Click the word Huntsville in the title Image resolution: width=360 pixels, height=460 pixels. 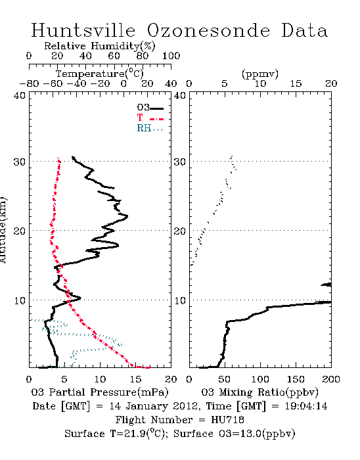pos(83,30)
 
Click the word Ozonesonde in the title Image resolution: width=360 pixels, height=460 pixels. pos(208,30)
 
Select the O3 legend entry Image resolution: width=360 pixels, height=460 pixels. pos(150,107)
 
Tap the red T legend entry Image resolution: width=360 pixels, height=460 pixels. pos(150,118)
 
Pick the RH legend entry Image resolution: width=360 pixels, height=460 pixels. pos(150,128)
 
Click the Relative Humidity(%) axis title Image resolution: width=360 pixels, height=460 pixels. pos(100,46)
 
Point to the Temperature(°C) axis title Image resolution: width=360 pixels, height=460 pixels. pos(100,74)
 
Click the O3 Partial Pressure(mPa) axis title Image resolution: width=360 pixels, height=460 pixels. pos(100,392)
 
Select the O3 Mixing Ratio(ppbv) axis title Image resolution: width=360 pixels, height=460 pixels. pos(259,392)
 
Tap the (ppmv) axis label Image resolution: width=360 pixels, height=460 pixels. pos(260,74)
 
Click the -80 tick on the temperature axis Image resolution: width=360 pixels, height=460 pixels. pos(29,84)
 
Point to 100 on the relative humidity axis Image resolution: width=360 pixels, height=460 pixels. pos(171,56)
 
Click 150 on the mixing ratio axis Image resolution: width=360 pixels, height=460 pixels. pos(296,379)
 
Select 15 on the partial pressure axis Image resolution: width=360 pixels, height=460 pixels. pos(135,379)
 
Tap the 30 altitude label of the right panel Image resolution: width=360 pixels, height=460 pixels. pos(180,162)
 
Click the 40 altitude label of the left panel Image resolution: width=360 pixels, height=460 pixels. pos(20,95)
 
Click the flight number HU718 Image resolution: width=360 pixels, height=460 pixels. pos(227,420)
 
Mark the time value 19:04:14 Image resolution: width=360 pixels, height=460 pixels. pos(306,406)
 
